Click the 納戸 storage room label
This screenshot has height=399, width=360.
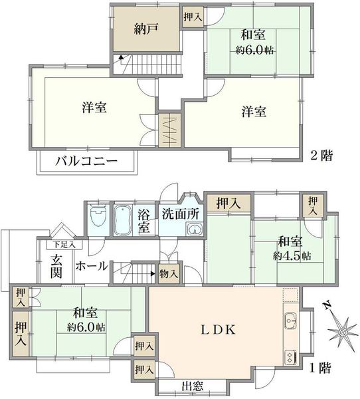pos(146,29)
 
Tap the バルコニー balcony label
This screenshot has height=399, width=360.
pos(86,161)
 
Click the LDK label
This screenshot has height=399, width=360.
pos(218,330)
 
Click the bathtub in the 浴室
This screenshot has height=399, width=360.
pos(122,220)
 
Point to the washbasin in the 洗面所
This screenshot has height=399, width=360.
pos(195,229)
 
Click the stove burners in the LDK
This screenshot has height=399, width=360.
pos(291,357)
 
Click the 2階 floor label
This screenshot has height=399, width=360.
pos(321,156)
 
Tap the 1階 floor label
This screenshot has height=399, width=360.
pos(320,368)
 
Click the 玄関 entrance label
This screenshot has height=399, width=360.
pos(56,266)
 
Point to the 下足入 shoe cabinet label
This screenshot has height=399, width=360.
pos(64,245)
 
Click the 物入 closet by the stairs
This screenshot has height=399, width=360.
pos(169,274)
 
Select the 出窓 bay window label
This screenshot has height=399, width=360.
pos(193,386)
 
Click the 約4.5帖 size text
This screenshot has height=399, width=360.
pos(292,256)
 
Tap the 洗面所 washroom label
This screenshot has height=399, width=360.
pos(181,214)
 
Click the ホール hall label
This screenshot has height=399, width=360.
pos(92,267)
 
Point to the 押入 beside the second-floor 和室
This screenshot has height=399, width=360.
pos(193,17)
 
